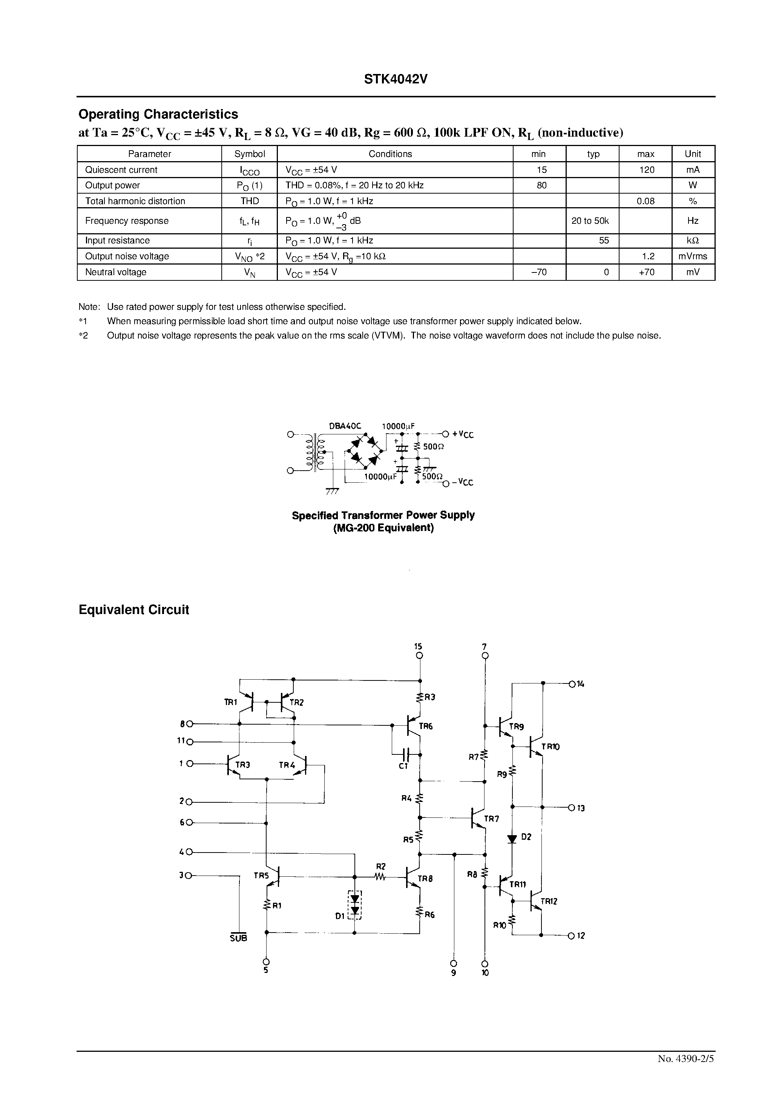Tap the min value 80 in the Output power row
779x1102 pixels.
[541, 185]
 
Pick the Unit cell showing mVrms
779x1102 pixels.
[692, 256]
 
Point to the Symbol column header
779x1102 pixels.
[250, 154]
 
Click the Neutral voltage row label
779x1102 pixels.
[116, 272]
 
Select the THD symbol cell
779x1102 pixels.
[250, 201]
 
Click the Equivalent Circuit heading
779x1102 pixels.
[134, 610]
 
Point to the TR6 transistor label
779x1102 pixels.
[425, 726]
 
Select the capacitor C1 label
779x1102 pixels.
[403, 766]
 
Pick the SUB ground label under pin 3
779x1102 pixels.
[238, 937]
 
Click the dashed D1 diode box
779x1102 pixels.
[354, 905]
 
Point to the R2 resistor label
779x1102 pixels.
[380, 867]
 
